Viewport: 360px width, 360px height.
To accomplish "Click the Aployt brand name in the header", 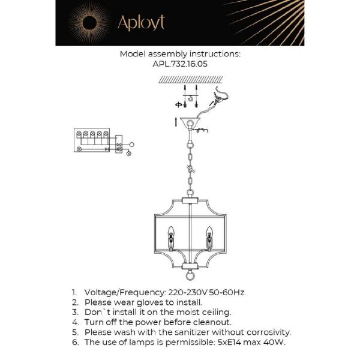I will pos(141,23).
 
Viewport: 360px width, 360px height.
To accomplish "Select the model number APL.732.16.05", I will pos(179,64).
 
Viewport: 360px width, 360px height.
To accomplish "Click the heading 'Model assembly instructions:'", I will pos(180,53).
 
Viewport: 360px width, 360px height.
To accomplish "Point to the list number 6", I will pos(74,342).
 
